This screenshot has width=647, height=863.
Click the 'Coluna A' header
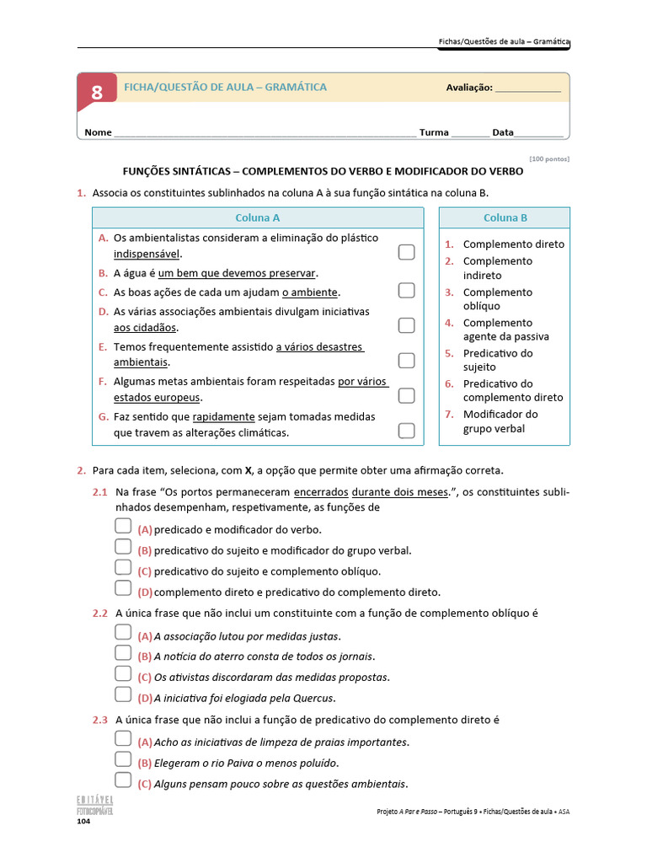258,217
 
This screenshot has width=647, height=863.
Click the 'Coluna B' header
505,217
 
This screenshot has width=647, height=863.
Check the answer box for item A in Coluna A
406,252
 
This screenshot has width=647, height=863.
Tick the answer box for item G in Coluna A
406,431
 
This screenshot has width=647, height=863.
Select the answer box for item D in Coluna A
406,325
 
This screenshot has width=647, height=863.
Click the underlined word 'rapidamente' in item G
223,416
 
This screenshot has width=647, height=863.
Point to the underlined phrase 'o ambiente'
310,292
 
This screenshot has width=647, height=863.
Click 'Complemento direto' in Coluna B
513,244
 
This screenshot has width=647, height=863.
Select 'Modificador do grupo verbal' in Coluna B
500,421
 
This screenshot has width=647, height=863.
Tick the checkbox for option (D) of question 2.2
123,695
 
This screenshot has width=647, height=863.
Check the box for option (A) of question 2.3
123,739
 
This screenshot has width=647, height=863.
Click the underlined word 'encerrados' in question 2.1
320,492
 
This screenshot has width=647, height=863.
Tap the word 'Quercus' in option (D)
313,698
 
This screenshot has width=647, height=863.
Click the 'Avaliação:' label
468,88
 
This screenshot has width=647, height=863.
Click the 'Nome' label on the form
98,132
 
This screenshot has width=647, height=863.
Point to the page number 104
84,821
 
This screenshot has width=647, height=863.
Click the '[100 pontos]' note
549,158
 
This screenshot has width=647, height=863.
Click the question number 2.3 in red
100,720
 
